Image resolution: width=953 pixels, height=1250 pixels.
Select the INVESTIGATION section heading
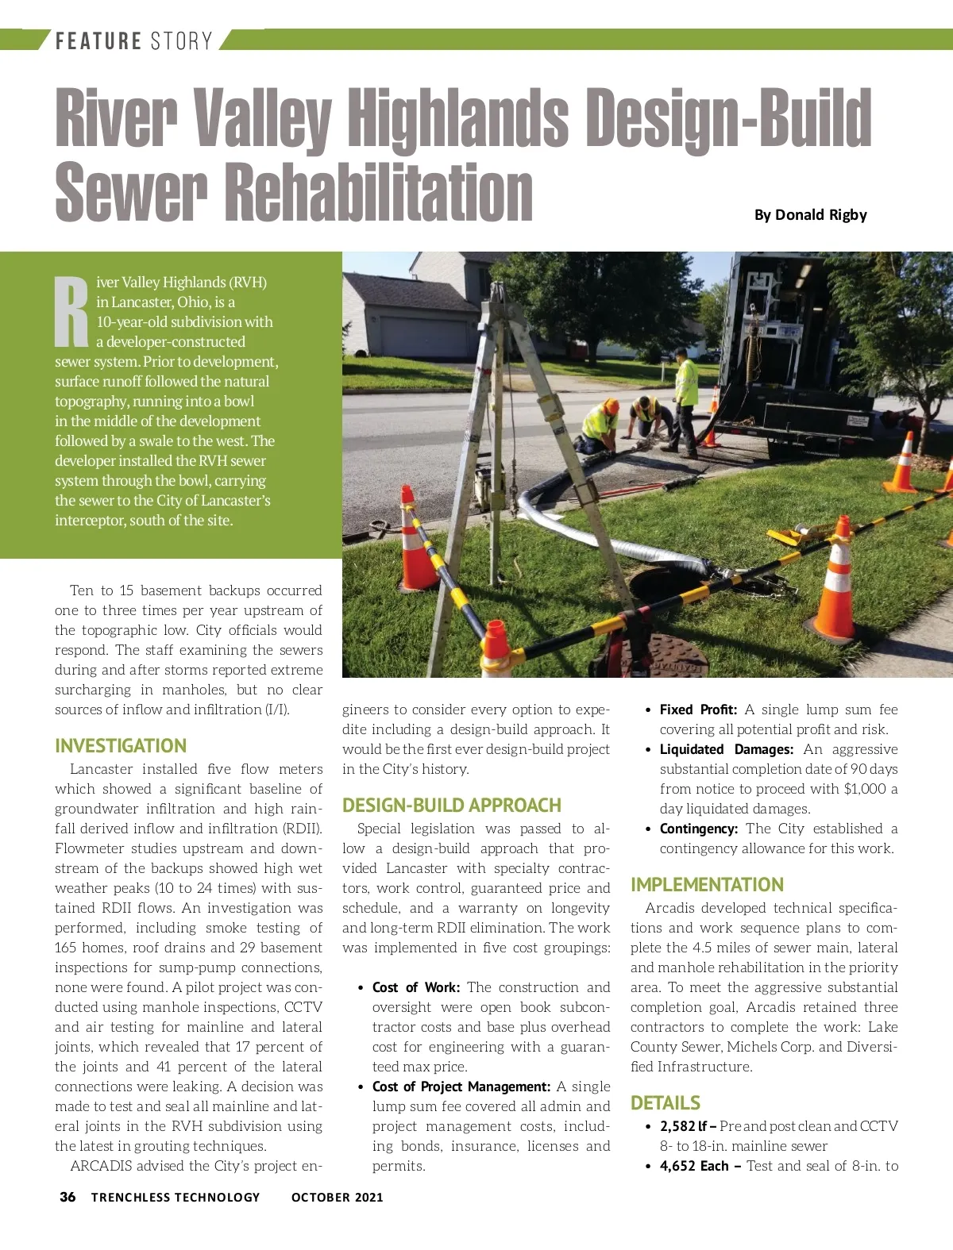coord(121,746)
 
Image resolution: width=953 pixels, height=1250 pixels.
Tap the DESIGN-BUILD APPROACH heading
coord(452,806)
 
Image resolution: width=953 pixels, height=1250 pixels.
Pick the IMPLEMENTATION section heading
coord(707,885)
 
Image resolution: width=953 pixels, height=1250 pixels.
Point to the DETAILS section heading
coord(666,1103)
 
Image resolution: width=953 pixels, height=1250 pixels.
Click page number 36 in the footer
coord(68,1197)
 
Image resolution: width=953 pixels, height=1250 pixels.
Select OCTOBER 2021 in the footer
coord(337,1197)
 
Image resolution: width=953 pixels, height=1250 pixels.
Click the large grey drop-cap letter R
coord(71,312)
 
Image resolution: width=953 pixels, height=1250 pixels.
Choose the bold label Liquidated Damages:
coord(726,749)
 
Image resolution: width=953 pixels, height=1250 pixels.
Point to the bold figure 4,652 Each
coord(694,1166)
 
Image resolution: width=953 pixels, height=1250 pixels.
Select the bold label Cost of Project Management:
coord(461,1087)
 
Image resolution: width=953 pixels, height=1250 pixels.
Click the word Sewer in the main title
coord(131,192)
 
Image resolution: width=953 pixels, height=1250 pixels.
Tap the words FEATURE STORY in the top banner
coord(133,40)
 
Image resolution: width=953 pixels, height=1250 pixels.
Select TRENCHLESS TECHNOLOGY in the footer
coord(176,1197)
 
